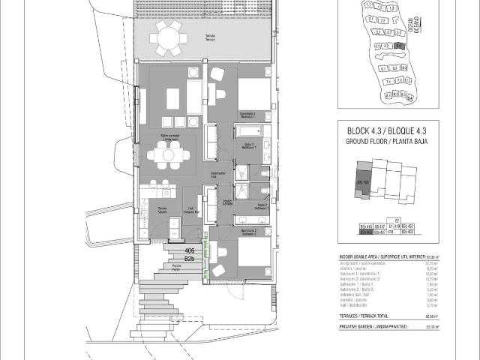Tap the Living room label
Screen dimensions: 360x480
pos(169,137)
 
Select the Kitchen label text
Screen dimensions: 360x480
pos(162,211)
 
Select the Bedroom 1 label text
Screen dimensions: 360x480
pos(248,115)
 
